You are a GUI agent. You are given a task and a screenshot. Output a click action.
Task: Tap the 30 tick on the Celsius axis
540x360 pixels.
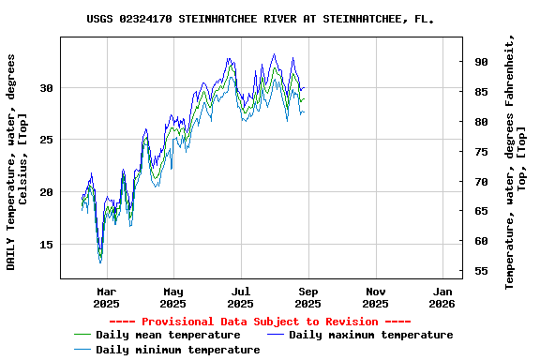pos(46,88)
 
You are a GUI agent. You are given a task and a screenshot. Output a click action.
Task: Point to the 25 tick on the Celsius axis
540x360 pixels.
pos(46,140)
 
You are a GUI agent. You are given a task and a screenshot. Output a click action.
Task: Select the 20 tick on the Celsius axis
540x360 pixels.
pos(46,192)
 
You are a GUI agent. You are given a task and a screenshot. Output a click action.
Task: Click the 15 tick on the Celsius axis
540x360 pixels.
pos(46,245)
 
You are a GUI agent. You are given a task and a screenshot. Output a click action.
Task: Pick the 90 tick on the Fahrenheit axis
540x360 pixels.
pos(481,62)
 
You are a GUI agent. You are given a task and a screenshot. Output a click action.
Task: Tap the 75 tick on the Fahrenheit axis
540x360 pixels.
pos(481,152)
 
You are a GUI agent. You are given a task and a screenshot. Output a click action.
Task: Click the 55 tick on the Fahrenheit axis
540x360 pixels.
pos(481,271)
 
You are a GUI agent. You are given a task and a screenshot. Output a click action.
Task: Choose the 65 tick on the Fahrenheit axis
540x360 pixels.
pos(481,212)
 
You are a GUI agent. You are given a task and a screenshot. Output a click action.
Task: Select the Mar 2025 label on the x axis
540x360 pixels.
pos(106,297)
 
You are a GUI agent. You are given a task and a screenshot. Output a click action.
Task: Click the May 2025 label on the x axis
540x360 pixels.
pos(173,297)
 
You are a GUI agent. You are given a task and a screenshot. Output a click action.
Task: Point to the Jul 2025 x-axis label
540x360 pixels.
pos(241,297)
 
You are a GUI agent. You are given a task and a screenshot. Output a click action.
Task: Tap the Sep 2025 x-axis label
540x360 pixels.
pos(308,297)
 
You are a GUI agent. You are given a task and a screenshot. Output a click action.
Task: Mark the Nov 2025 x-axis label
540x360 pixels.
pos(375,297)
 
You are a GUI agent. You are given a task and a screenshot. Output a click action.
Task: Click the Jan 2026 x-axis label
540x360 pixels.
pos(442,297)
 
